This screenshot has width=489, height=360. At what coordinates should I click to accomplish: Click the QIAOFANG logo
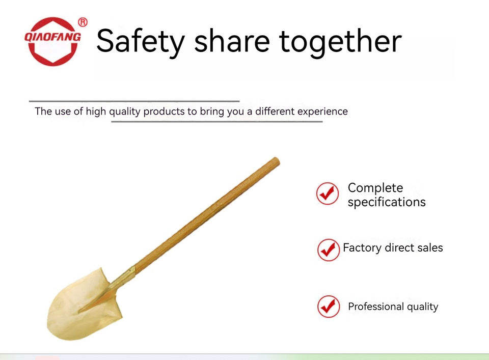coord(52,41)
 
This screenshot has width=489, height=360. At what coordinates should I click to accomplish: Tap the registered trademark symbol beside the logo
coord(83,22)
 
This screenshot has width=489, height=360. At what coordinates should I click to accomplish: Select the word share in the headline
coord(232,41)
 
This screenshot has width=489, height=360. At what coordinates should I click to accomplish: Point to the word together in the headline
coord(340,42)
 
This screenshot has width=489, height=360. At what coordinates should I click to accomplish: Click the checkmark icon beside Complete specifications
coord(328,193)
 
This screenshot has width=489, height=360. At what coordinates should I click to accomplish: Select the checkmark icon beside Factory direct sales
coord(329,250)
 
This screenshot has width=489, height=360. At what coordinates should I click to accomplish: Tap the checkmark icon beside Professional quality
coord(329,307)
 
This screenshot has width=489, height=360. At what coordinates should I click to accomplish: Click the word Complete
coord(375,188)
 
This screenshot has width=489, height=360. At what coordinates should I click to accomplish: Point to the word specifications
coord(387,202)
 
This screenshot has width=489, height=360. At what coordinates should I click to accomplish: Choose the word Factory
coord(362,248)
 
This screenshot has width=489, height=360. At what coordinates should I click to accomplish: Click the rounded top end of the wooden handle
coord(276,161)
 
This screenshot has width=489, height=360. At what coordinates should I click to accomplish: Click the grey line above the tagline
coord(134,101)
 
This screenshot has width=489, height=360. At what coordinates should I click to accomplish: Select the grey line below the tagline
coord(217,121)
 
